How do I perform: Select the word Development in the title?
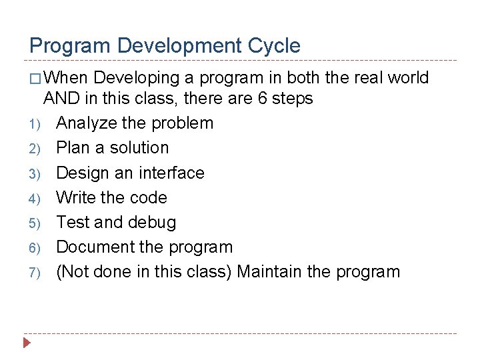point(175,46)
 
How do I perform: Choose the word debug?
point(153,223)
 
